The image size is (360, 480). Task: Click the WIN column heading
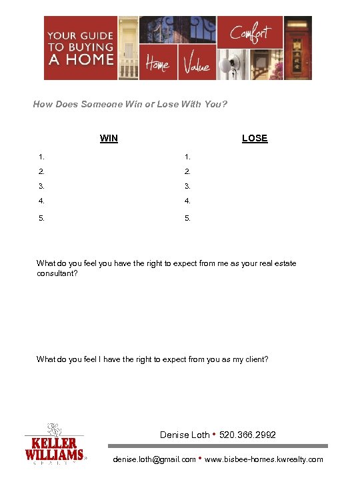[109, 139]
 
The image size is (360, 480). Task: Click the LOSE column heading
[255, 139]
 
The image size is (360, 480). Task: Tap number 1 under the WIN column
[41, 157]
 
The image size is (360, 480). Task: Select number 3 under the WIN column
[41, 186]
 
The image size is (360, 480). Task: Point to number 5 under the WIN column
[41, 217]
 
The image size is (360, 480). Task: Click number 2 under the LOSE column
[188, 171]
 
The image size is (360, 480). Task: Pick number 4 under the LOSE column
[188, 201]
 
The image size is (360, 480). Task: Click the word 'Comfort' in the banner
[251, 33]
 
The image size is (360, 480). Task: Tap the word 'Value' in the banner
[197, 65]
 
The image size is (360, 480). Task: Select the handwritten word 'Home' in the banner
[157, 65]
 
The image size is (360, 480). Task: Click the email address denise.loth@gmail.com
[155, 459]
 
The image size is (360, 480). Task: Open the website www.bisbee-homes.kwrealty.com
[264, 459]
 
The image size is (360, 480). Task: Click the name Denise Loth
[184, 435]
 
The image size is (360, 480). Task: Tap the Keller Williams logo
[55, 445]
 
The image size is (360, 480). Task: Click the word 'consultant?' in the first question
[57, 273]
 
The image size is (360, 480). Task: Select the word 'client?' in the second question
[255, 359]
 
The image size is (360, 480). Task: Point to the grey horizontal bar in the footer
[218, 446]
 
